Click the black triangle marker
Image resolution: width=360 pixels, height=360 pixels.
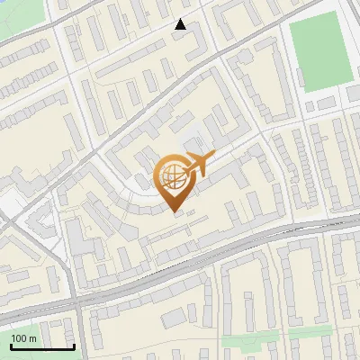point(181,24)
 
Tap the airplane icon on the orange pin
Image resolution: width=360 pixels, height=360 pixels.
point(199,165)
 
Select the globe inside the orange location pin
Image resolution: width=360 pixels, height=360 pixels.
point(173,179)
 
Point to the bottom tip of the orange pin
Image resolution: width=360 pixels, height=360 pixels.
point(174,212)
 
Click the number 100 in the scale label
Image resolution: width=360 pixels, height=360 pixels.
point(19,338)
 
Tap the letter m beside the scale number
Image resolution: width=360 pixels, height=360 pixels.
point(32,338)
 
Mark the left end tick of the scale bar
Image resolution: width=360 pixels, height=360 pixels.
point(10,346)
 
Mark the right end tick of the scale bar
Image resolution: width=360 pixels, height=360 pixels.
point(74,346)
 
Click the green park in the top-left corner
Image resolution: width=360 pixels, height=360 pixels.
point(11,14)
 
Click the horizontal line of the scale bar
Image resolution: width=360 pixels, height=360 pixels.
point(41,347)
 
